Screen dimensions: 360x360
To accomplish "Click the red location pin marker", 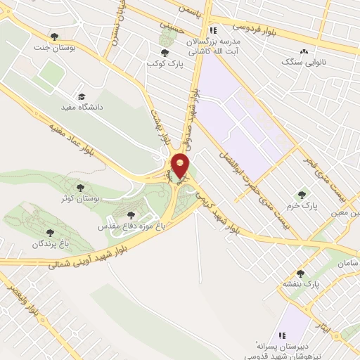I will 181,165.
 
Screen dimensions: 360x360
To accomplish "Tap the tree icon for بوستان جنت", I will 55,37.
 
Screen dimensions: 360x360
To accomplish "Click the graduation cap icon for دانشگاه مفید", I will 81,96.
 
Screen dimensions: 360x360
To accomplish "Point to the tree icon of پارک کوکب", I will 165,53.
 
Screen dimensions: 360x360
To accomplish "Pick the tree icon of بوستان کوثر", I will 81,188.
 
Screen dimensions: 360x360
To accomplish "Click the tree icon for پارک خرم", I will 302,195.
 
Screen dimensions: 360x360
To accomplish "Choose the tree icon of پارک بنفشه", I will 301,274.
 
